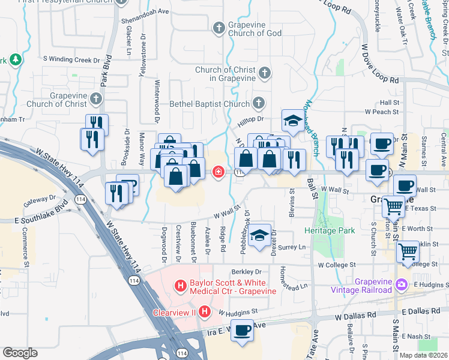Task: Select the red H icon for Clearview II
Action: coord(205,312)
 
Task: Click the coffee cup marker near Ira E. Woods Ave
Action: coord(243,331)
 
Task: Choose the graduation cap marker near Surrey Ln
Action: coord(260,236)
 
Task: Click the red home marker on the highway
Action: coord(218,173)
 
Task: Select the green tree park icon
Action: coord(16,59)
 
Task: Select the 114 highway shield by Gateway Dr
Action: coord(79,199)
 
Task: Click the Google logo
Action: coord(20,353)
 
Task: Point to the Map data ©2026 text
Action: coord(423,355)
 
